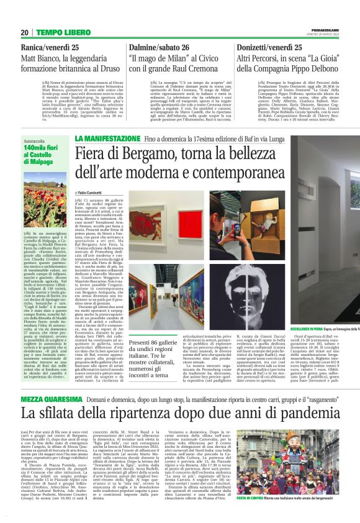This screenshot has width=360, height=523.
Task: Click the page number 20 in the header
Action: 24,32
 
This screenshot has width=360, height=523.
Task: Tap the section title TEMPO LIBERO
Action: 58,32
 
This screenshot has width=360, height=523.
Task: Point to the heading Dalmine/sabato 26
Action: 163,47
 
